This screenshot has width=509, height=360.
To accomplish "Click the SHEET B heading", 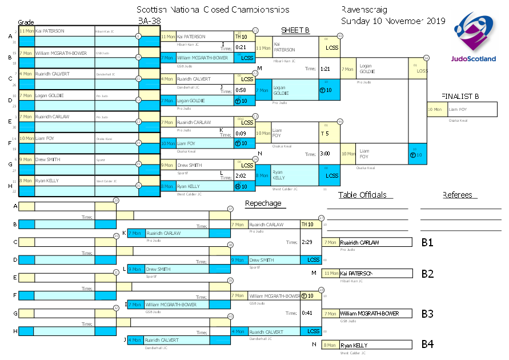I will (295, 30).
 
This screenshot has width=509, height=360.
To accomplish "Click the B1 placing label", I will (427, 242).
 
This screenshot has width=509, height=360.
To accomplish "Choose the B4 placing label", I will (427, 344).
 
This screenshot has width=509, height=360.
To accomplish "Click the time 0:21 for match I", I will (241, 47).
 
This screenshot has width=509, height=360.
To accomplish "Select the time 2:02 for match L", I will (241, 177).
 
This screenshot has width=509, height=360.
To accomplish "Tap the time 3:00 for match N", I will (325, 154).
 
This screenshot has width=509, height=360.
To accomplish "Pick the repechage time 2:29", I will (307, 242).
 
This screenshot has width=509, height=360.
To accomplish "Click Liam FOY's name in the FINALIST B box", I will (458, 109).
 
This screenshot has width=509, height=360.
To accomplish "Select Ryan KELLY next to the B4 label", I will (354, 346).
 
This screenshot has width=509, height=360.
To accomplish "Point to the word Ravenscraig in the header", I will (364, 10).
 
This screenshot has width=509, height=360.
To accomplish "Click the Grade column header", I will (26, 22).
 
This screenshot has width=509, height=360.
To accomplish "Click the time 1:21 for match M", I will (325, 69).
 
